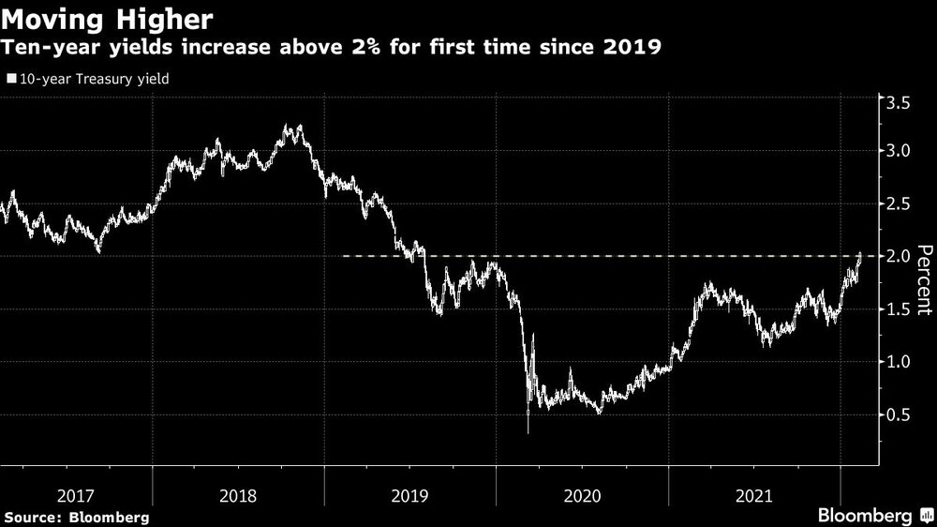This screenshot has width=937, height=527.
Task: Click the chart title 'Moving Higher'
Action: [x=108, y=18]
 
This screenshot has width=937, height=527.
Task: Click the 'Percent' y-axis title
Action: [x=924, y=279]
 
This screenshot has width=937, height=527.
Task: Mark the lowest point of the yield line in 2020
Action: [x=528, y=432]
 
